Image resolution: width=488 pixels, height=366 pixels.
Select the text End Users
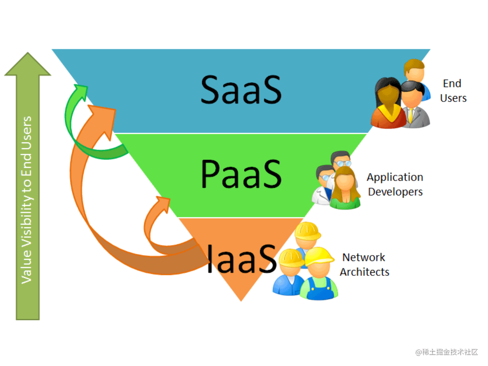tap(453, 91)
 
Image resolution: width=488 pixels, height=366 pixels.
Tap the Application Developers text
tap(395, 184)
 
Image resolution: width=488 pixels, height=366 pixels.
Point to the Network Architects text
tap(364, 265)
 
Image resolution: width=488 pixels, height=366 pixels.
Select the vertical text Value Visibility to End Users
tap(27, 199)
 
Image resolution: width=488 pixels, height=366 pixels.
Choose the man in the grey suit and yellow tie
tap(414, 107)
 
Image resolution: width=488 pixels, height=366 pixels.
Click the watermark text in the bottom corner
tap(447, 352)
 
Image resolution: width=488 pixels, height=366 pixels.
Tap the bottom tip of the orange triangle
tap(241, 300)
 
